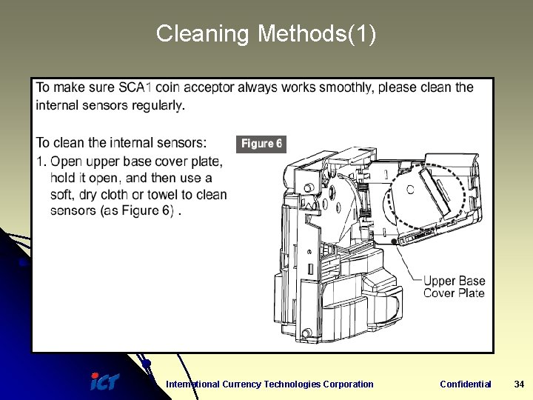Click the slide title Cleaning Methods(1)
[x=266, y=34]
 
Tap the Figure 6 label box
[x=261, y=144]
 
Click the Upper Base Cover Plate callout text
[x=454, y=287]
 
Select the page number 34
[x=519, y=384]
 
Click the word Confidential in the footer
[x=465, y=384]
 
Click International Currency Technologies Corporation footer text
[x=269, y=384]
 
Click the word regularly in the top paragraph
[x=158, y=105]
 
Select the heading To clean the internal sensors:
[x=121, y=143]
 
